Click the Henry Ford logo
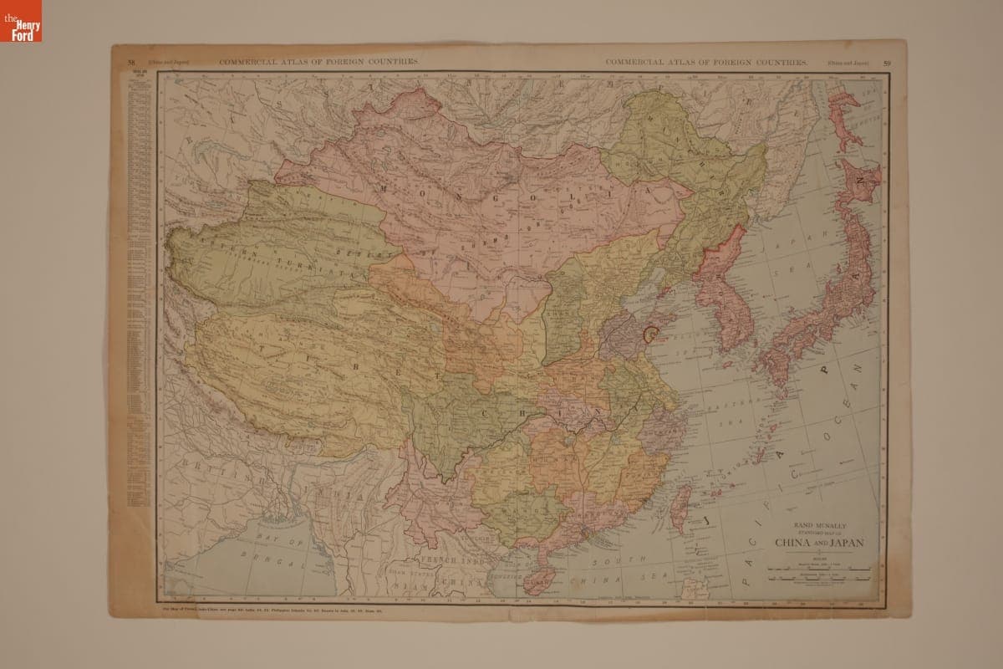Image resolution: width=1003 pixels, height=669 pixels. tap(21, 21)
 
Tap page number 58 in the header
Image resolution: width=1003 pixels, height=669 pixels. tap(131, 63)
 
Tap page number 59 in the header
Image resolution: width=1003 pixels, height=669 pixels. tap(887, 63)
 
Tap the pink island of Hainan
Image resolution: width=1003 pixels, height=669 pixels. tap(534, 579)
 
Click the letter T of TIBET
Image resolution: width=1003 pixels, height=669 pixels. tap(262, 347)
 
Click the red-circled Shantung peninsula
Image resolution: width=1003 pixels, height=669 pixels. tap(651, 334)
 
